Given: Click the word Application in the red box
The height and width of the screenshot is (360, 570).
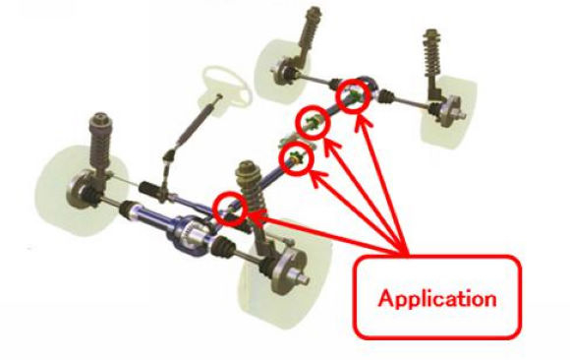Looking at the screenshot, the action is tap(437, 299).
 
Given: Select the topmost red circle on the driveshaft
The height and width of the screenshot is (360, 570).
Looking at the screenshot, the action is tap(352, 95).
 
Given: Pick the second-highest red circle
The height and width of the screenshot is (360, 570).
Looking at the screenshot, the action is tap(312, 122).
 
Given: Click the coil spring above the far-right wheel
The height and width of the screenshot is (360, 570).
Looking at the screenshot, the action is tap(432, 54).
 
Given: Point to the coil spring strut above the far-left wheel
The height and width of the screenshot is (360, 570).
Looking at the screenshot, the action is tap(100, 143).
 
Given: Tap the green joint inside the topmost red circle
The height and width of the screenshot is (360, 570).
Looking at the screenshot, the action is tap(353, 95).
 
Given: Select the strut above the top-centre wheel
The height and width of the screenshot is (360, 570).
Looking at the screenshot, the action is tap(309, 36).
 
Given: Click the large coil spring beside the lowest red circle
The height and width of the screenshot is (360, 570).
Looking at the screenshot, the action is tap(250, 189).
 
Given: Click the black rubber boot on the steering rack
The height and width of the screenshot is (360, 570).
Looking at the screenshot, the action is tap(149, 189).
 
